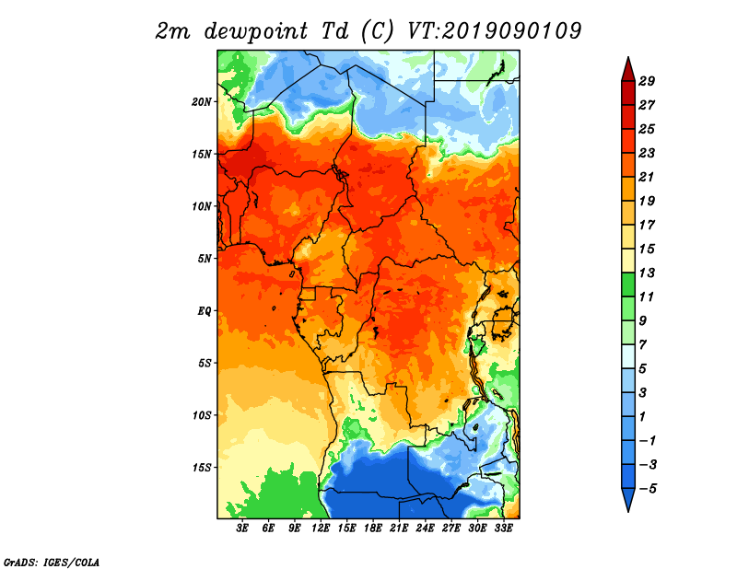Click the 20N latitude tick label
[x=201, y=102]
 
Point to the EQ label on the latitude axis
[x=204, y=311]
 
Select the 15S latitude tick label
[x=201, y=468]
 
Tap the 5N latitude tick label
[x=205, y=259]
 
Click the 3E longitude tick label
[x=242, y=528]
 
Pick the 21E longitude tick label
[x=399, y=528]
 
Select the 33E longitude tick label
[x=503, y=528]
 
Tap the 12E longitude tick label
[x=321, y=528]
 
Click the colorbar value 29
[x=647, y=81]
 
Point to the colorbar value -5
[x=648, y=489]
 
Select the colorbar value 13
[x=647, y=273]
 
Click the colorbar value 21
[x=647, y=177]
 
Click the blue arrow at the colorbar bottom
[x=628, y=498]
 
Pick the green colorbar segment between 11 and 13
[x=628, y=284]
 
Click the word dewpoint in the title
[x=255, y=32]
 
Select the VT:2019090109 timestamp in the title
[x=494, y=31]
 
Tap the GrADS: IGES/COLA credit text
[x=52, y=562]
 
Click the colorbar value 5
[x=642, y=369]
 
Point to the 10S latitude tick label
[x=201, y=415]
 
